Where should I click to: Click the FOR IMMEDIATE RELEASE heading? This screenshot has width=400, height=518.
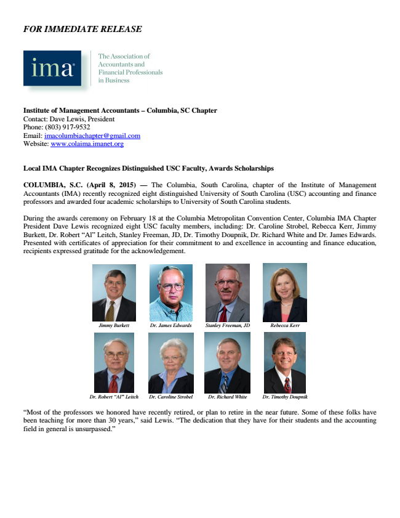82,29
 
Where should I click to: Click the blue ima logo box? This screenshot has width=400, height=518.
52,68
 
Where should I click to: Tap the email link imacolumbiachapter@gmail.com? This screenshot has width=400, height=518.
92,136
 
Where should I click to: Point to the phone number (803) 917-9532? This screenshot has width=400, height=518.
72,127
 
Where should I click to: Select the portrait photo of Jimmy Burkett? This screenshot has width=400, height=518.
114,293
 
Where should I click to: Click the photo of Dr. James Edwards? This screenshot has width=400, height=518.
170,293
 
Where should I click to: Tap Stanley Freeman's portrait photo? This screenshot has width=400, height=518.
227,293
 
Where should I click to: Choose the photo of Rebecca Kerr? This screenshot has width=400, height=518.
284,293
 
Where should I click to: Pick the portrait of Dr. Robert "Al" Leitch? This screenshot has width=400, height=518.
114,363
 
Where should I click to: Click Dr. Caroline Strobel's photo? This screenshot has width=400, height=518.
170,363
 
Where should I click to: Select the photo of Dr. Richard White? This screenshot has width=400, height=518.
227,363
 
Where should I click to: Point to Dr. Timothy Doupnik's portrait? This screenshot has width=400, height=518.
284,363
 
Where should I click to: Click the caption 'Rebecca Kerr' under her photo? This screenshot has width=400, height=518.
285,325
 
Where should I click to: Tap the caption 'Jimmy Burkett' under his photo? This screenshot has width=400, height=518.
114,325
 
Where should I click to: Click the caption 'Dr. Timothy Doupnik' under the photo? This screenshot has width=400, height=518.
285,397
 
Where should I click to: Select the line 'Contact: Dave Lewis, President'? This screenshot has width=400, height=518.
68,119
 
